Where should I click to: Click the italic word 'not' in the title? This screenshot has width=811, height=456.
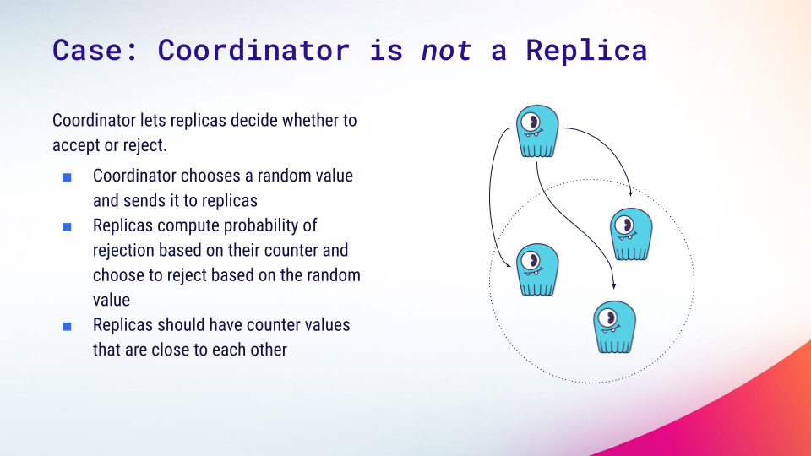tap(446, 51)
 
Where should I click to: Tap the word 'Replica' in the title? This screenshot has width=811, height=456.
tap(586, 50)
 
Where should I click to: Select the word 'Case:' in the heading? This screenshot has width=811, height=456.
tap(95, 50)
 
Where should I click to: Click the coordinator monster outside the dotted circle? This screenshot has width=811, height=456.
tap(537, 132)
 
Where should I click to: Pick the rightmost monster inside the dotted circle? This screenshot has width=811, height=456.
tap(631, 234)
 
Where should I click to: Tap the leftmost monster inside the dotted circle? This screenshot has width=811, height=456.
tap(537, 269)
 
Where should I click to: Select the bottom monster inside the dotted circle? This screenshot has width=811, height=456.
tap(614, 328)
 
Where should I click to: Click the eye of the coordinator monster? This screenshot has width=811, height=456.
tap(531, 122)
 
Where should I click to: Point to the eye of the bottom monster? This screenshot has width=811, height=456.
tap(607, 318)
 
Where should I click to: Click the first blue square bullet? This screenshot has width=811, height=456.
tap(67, 177)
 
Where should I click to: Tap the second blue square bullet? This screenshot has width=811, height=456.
tap(67, 227)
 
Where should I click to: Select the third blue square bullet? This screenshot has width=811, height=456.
tap(67, 326)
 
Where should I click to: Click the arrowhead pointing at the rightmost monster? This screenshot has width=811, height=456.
tap(630, 193)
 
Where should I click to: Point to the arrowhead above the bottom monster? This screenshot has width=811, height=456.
tap(614, 286)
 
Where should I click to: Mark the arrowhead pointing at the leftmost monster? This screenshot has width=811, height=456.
tap(508, 265)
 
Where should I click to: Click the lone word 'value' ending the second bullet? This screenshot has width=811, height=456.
tap(112, 301)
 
